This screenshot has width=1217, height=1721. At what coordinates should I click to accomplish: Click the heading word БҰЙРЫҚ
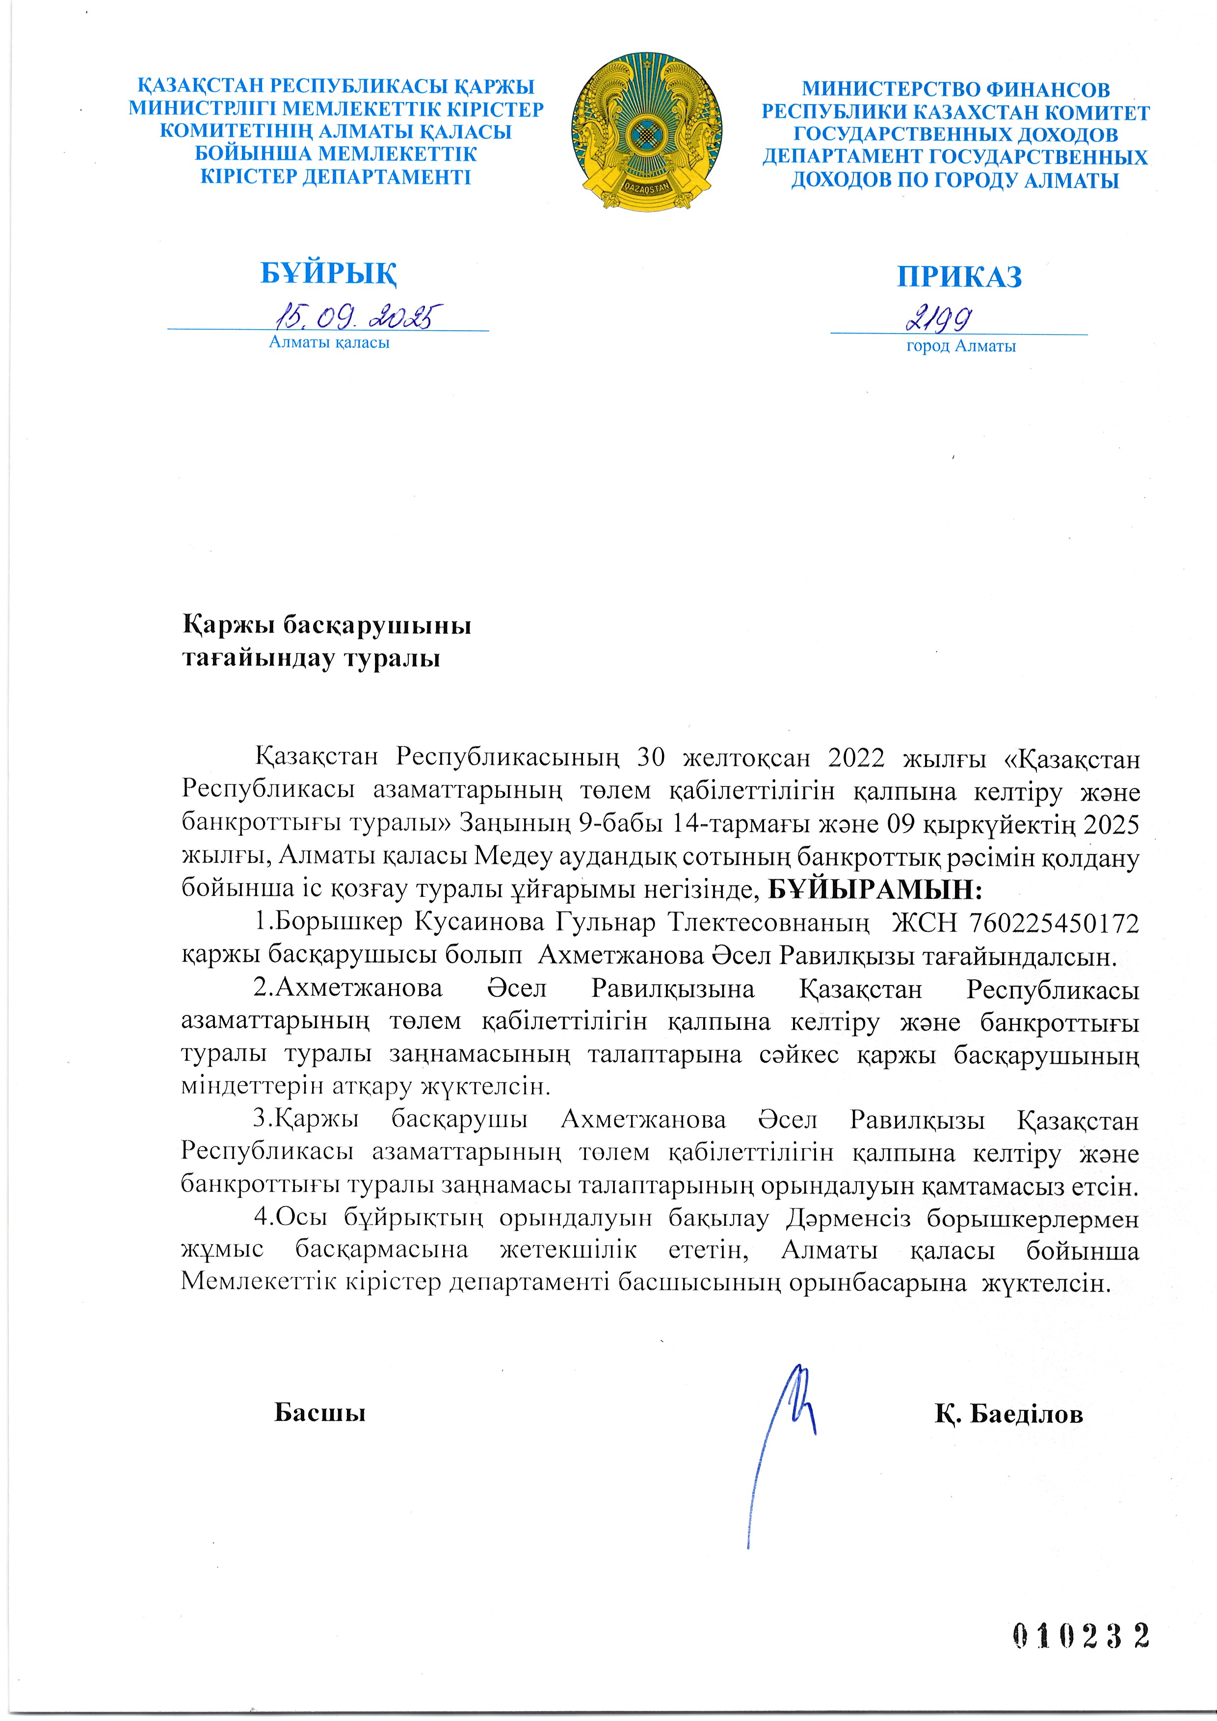[x=328, y=274]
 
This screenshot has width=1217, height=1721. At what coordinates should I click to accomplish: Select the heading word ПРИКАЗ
[x=959, y=277]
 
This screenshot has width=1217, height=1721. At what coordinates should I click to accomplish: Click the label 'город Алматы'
[x=960, y=346]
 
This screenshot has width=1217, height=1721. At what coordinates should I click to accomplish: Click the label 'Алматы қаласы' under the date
[x=329, y=342]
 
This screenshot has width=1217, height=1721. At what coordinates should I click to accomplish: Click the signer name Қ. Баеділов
[x=1008, y=1414]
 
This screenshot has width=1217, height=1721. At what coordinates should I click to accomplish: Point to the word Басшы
[x=320, y=1412]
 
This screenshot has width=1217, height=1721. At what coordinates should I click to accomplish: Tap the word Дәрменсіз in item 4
[x=848, y=1218]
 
